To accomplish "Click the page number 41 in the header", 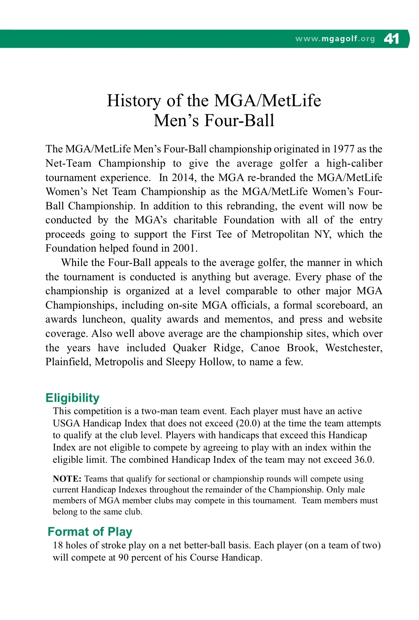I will [x=391, y=38].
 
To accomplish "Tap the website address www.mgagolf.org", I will [x=335, y=39].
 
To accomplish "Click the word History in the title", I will [x=134, y=101].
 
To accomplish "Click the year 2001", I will [x=185, y=248].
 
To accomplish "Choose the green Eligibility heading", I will [x=72, y=398].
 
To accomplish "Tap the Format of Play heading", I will [x=90, y=532].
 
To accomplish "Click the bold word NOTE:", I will [x=67, y=479].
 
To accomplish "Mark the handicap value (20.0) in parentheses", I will [x=248, y=423].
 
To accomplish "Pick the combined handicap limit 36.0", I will [x=364, y=459].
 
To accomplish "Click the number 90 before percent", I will [x=123, y=557].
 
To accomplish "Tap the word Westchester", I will [x=353, y=348].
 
